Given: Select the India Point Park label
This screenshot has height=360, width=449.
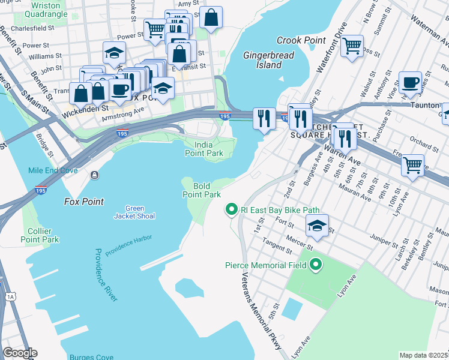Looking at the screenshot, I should pyautogui.click(x=209, y=149).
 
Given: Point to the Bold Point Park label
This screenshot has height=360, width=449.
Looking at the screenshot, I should pyautogui.click(x=202, y=190).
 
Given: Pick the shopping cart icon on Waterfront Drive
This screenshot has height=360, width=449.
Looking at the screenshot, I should pyautogui.click(x=352, y=44).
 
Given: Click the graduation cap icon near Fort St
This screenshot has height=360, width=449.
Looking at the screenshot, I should pyautogui.click(x=317, y=226).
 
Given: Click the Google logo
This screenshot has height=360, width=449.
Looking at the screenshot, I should pyautogui.click(x=20, y=353).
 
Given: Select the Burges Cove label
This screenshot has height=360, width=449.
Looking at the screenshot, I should pyautogui.click(x=91, y=356).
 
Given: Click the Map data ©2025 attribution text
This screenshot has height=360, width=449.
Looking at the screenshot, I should pyautogui.click(x=423, y=355).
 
